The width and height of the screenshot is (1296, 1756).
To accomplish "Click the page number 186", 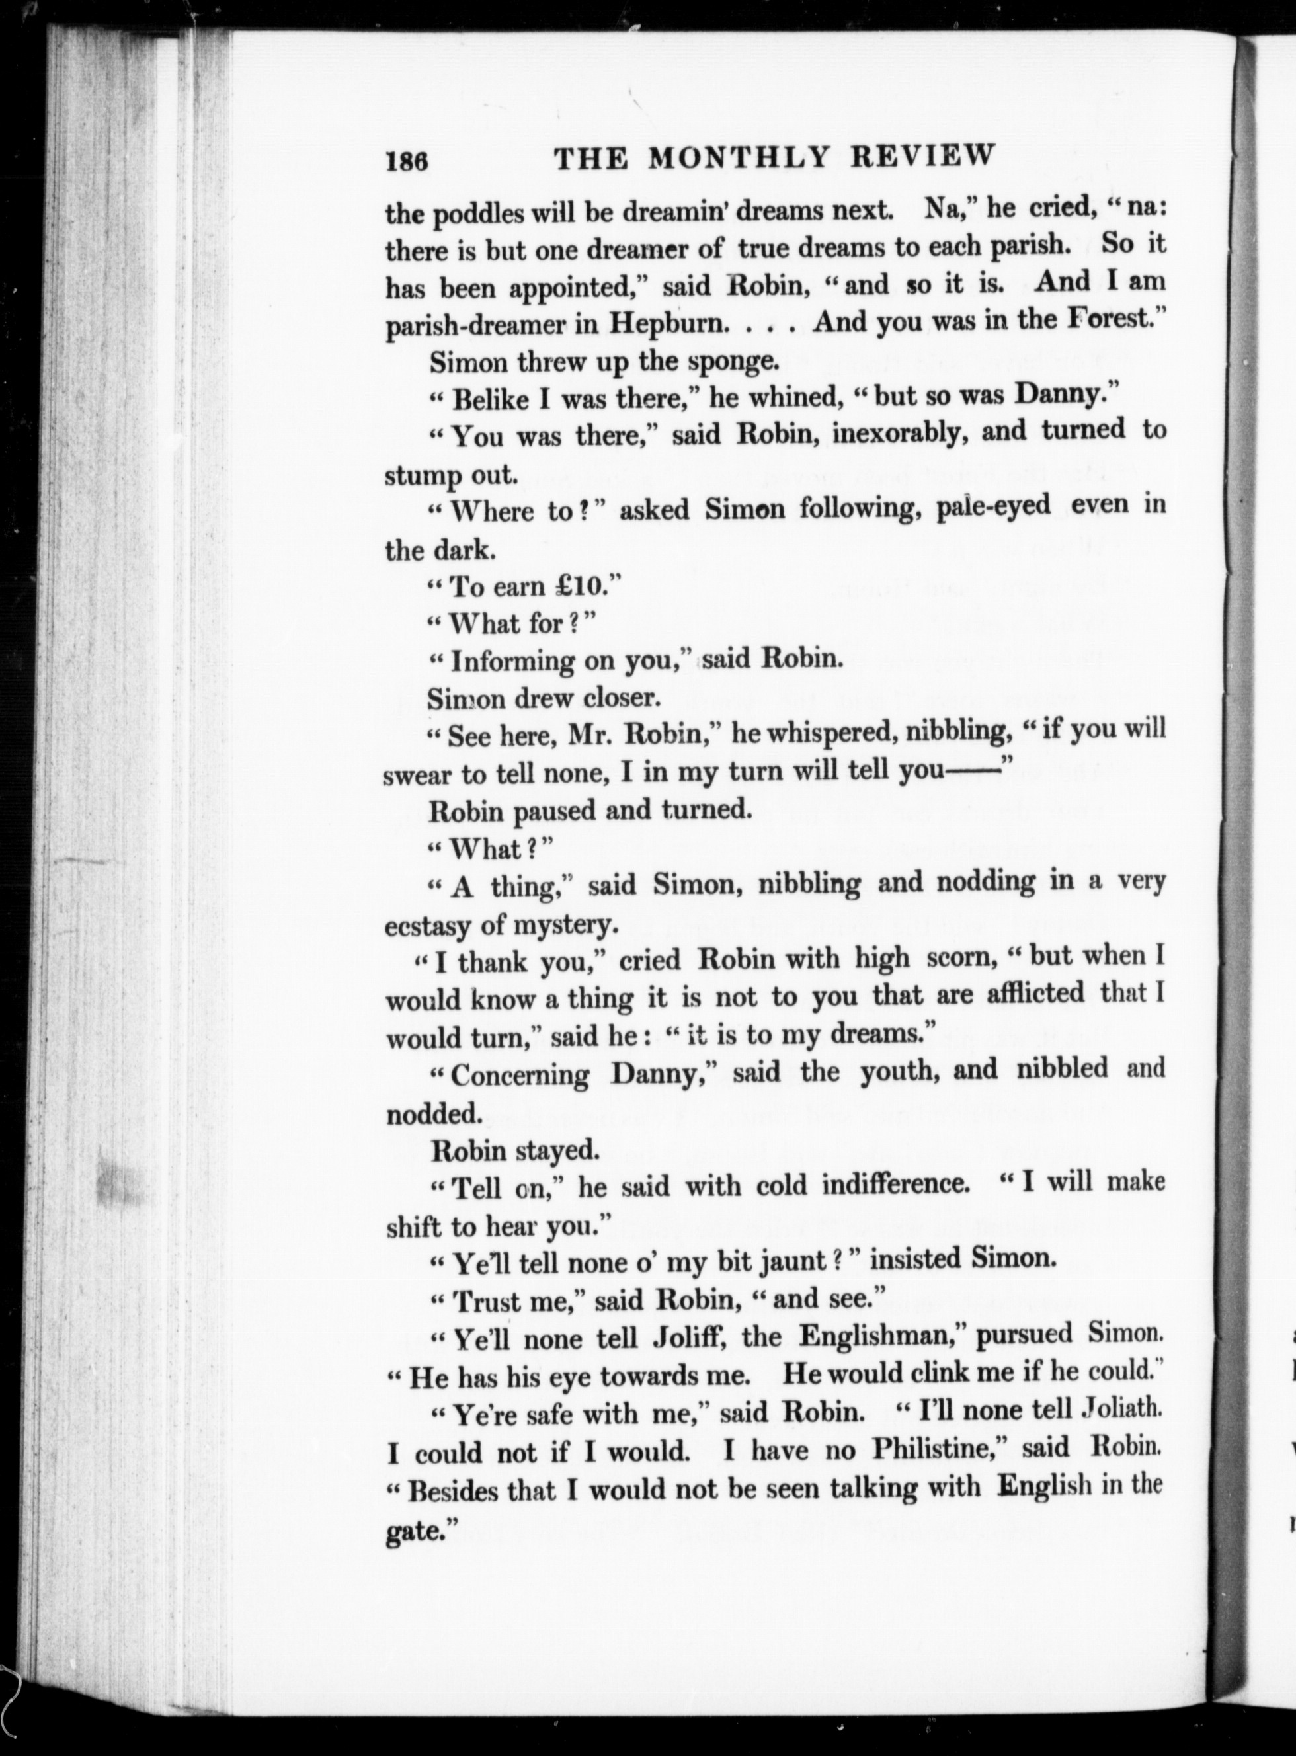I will click(x=405, y=161).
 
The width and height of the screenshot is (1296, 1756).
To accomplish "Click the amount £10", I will click(x=567, y=586).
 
